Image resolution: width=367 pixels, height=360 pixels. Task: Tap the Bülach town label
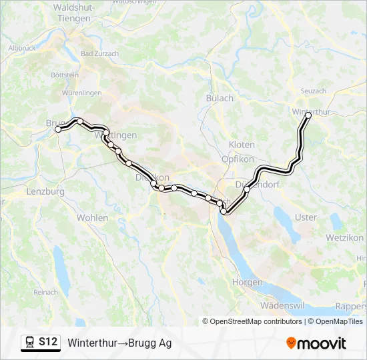(220, 98)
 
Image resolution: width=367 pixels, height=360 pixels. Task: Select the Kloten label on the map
(242, 145)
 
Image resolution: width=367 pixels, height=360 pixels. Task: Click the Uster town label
(306, 217)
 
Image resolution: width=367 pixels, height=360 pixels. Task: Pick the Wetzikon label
(344, 237)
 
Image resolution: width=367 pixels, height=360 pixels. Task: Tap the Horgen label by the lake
(247, 283)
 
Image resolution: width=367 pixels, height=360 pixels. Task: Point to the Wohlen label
(92, 218)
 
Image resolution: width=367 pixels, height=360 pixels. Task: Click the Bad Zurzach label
(99, 54)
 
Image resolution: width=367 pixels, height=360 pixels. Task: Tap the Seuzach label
(313, 91)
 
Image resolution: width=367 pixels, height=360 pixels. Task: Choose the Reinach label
(45, 292)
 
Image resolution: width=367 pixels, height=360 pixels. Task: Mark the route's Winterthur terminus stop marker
(308, 116)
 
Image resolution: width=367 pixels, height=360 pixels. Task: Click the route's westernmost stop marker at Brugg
(58, 129)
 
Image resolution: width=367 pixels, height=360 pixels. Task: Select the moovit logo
(316, 343)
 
